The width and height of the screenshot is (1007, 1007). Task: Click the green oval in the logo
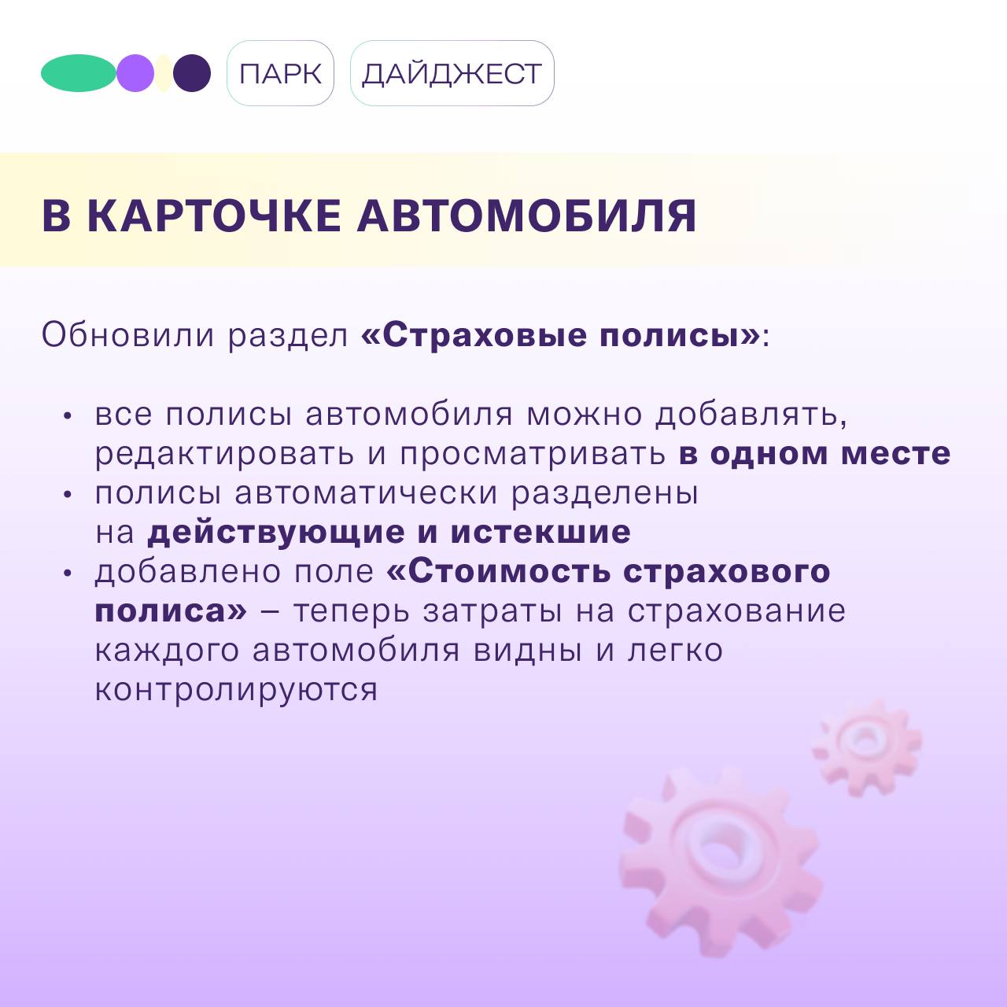79,73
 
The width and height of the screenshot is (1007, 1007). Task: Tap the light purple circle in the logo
135,73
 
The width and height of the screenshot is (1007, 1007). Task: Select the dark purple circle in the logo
192,73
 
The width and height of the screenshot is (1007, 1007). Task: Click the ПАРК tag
280,73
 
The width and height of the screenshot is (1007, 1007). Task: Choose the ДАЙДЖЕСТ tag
452,73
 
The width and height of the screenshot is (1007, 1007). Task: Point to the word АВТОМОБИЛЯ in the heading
527,216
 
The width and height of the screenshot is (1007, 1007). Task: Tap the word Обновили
128,334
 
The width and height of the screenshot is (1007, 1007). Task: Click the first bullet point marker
67,416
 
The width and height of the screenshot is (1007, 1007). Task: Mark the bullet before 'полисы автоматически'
67,494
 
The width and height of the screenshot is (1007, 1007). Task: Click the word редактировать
225,455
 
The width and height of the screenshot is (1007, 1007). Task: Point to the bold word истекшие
540,533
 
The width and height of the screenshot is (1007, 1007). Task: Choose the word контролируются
236,691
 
